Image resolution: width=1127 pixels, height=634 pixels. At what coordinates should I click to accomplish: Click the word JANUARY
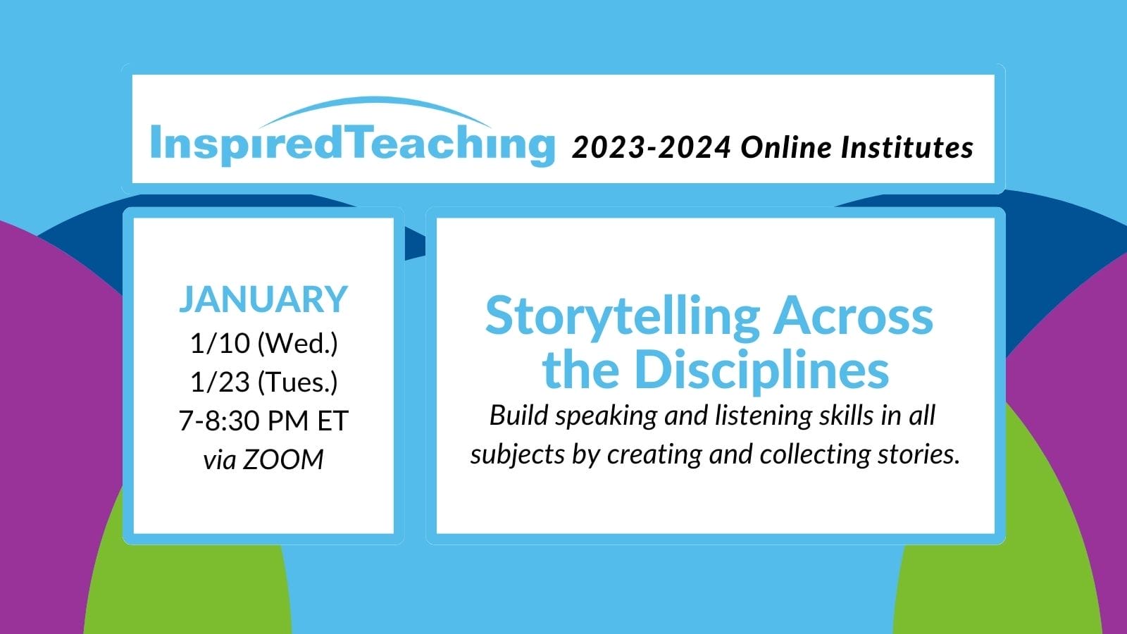263,299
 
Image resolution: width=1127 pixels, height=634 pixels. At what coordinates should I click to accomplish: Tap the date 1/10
220,343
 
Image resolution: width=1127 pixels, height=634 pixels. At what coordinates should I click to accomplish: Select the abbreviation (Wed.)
297,344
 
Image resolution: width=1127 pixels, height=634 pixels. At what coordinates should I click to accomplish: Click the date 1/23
220,382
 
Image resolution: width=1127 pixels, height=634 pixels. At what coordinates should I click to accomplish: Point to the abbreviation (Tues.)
297,383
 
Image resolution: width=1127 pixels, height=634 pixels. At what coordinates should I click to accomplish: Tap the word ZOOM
282,460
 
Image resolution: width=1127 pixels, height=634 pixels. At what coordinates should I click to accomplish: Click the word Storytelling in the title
623,318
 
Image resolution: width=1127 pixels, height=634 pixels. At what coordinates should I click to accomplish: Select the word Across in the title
853,316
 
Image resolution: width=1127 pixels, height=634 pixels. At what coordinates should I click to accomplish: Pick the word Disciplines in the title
761,370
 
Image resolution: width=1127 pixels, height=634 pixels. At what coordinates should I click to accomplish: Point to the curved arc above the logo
375,102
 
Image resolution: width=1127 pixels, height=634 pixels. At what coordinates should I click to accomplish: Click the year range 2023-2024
651,148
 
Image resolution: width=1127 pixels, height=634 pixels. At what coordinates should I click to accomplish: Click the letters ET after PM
332,421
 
